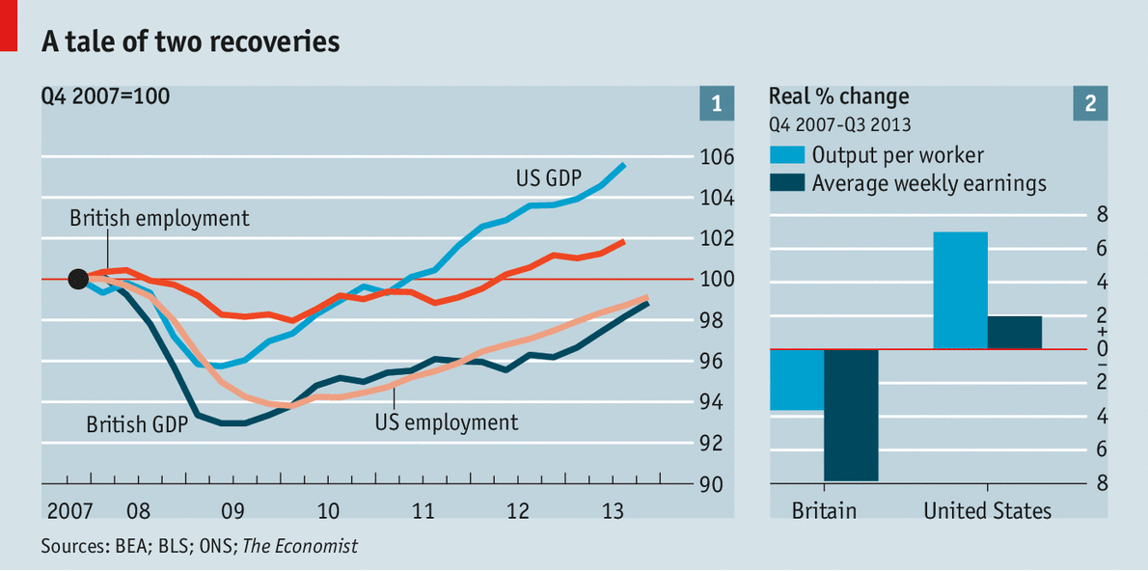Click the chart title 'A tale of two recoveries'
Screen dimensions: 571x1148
point(190,41)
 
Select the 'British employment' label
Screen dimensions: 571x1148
point(159,219)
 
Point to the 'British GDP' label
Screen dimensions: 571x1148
point(136,424)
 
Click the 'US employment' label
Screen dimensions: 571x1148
point(446,422)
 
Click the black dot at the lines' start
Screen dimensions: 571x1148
point(79,280)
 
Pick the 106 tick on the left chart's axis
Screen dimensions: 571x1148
point(717,157)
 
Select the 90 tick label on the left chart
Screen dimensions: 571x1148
point(712,484)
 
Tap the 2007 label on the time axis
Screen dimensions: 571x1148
point(67,510)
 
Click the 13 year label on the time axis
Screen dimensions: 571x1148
point(612,510)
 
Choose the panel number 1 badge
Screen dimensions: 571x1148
point(716,104)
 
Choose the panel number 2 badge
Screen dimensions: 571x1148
point(1090,104)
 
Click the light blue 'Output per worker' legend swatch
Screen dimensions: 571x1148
point(786,155)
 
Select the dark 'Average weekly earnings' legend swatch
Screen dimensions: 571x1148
point(786,183)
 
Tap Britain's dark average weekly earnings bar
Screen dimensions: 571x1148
point(851,415)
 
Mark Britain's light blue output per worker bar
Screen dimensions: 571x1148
point(796,380)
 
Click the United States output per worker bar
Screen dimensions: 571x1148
point(960,290)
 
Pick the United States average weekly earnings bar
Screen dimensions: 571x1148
point(1015,332)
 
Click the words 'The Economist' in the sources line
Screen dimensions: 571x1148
point(299,547)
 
